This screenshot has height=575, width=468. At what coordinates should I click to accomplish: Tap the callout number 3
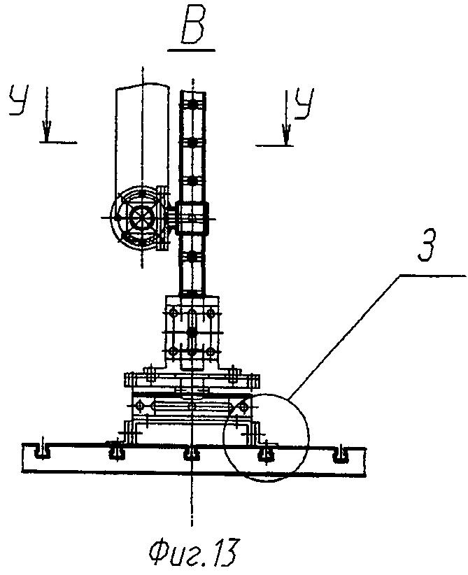pyautogui.click(x=426, y=246)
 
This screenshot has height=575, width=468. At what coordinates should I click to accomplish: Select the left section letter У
pyautogui.click(x=19, y=100)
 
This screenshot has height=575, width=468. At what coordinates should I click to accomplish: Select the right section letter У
pyautogui.click(x=304, y=103)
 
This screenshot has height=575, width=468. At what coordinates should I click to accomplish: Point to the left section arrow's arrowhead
pyautogui.click(x=47, y=130)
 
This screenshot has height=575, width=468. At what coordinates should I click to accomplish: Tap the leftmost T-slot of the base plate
pyautogui.click(x=41, y=453)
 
